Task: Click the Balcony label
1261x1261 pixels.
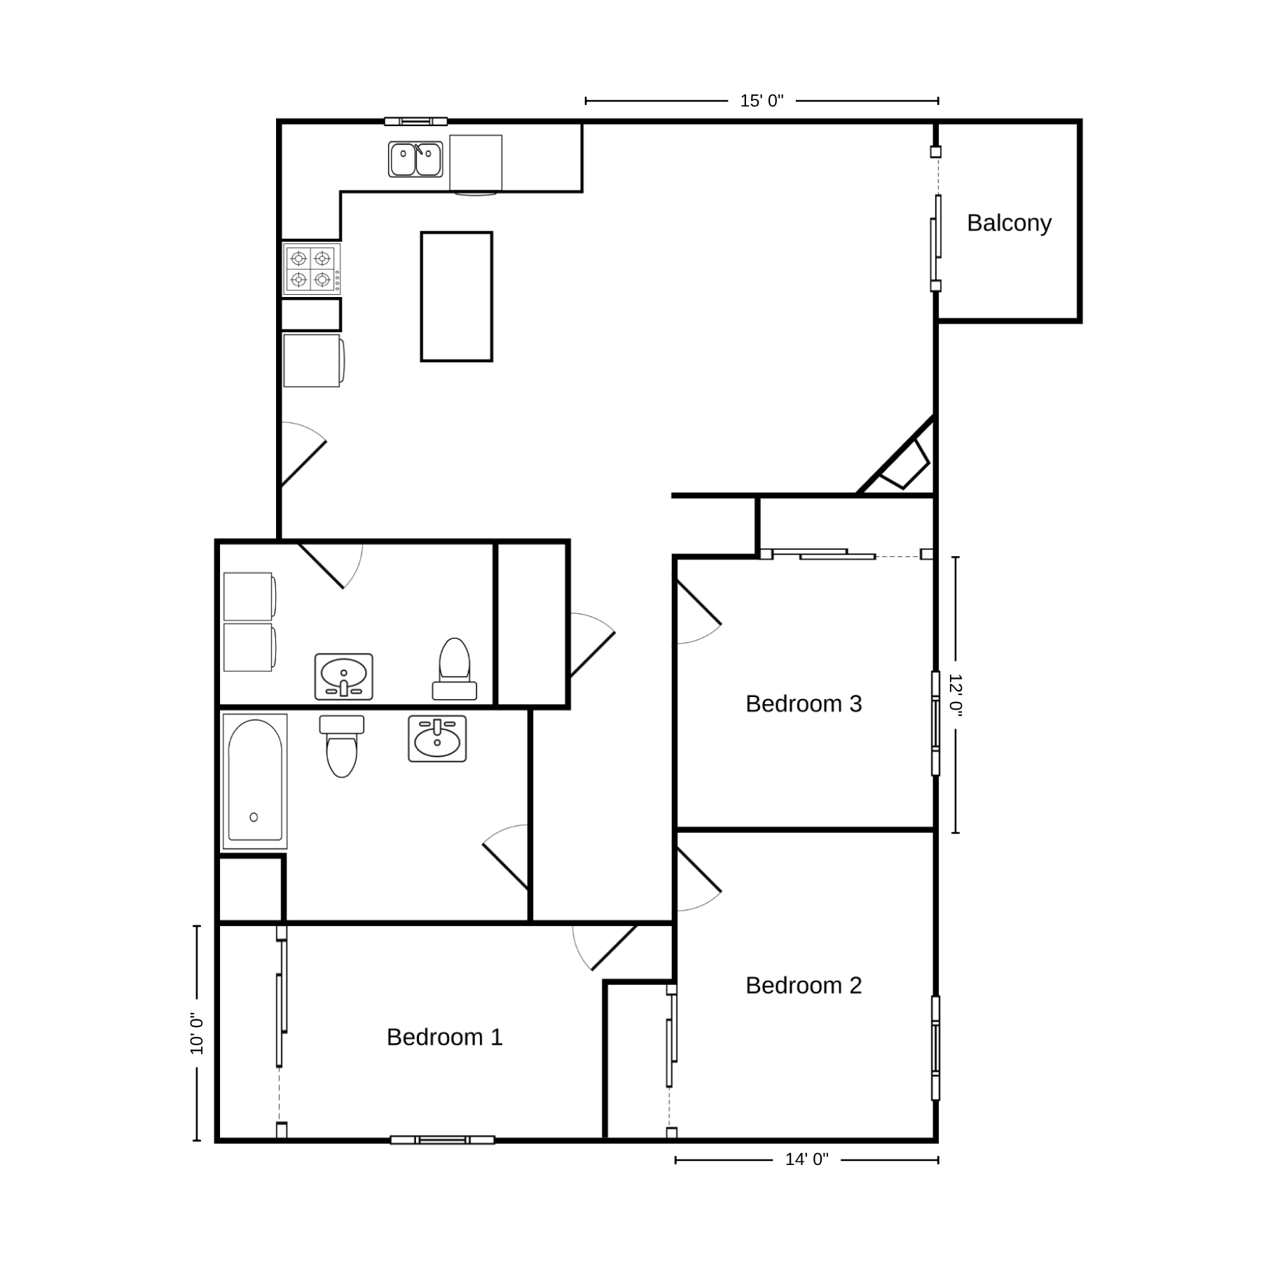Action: tap(1009, 223)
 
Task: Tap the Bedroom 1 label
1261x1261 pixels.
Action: tap(445, 1037)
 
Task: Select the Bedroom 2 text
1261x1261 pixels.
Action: tap(804, 985)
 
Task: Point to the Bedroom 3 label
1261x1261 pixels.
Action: tap(804, 703)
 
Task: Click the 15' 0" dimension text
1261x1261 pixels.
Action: tap(762, 101)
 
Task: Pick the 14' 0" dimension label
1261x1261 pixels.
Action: tap(806, 1159)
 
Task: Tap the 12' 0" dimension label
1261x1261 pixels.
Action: tap(956, 694)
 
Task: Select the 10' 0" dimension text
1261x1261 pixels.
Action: tap(197, 1034)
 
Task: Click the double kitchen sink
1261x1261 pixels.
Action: tap(415, 159)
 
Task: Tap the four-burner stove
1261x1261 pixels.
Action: tap(312, 269)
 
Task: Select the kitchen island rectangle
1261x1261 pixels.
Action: tap(457, 297)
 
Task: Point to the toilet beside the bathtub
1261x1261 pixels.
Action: tap(342, 745)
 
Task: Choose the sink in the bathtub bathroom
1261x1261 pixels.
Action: tap(438, 738)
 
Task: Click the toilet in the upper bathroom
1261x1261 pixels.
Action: tap(455, 669)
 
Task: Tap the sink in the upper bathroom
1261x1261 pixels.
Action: tap(343, 677)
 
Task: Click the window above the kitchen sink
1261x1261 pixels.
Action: tap(415, 121)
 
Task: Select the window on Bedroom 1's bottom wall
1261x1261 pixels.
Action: tap(442, 1140)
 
